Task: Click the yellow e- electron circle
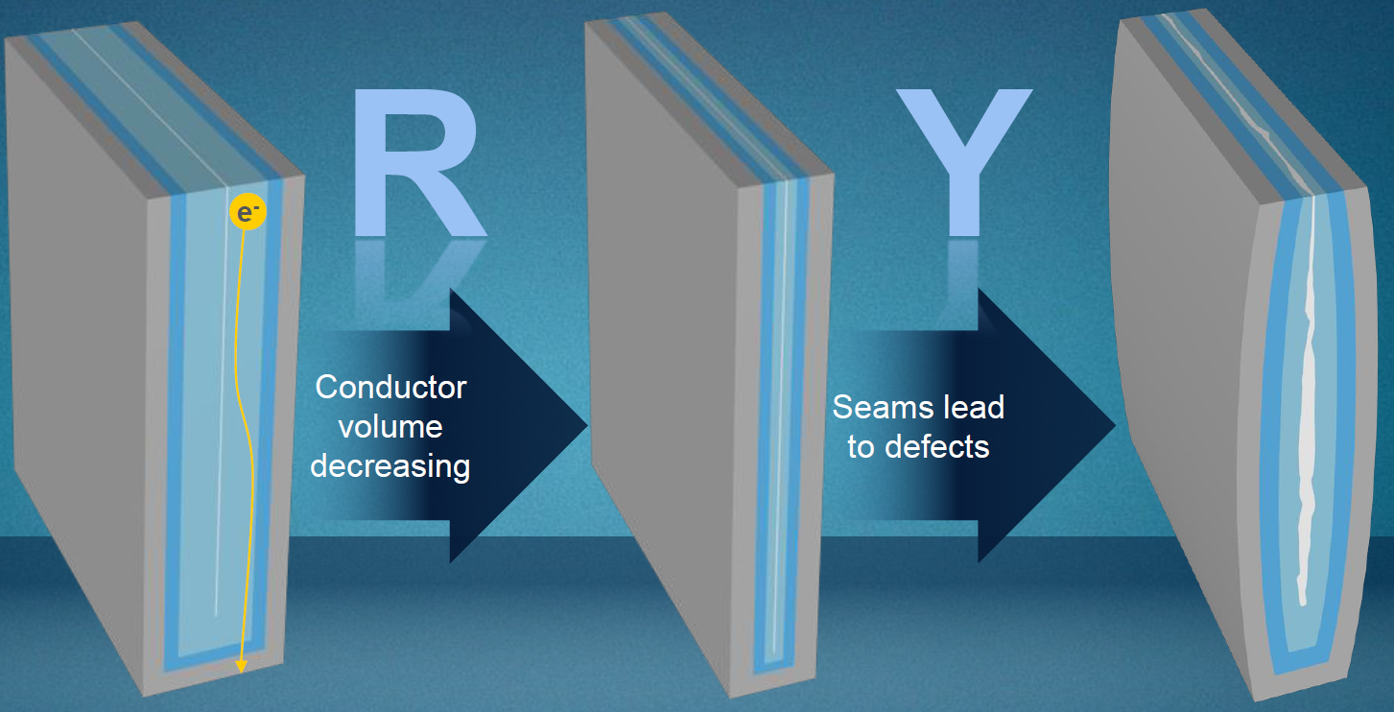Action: click(247, 213)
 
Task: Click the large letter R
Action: click(417, 163)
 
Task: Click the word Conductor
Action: click(390, 388)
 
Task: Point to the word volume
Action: click(390, 426)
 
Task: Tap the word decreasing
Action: click(390, 466)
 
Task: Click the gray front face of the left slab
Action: click(86, 384)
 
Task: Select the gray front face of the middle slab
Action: click(662, 384)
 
